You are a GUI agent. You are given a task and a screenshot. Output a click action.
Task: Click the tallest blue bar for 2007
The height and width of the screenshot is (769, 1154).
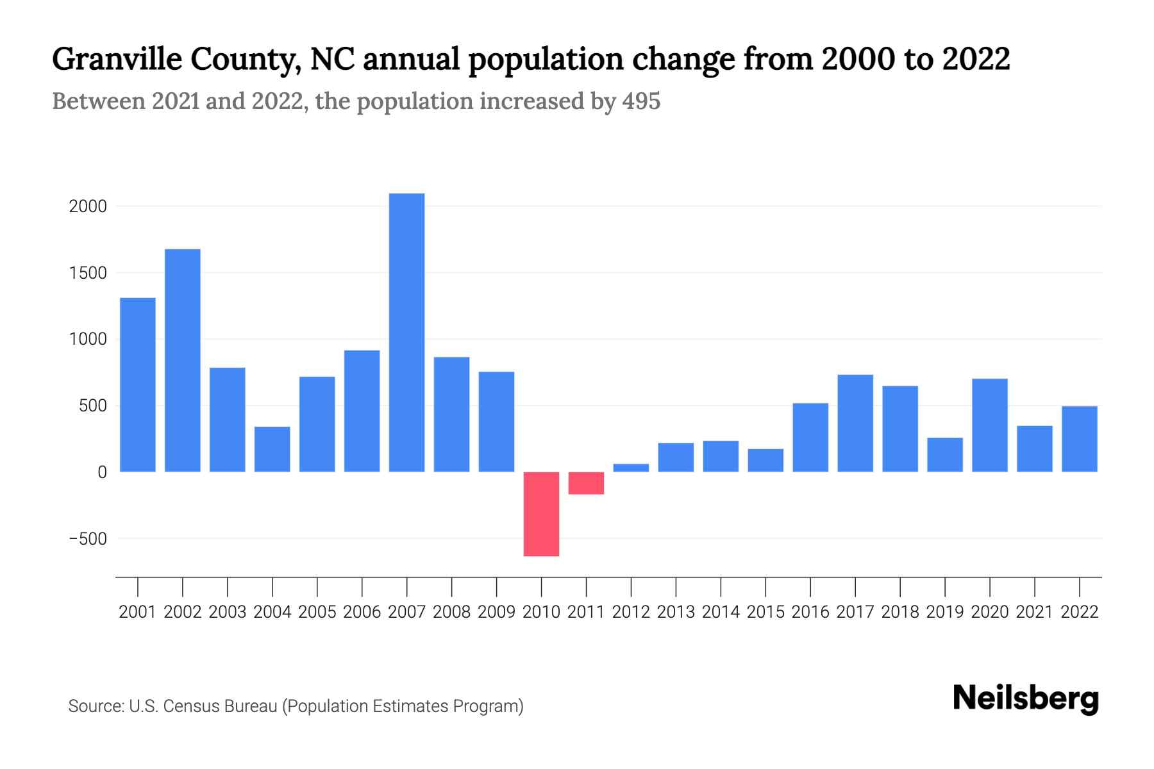[406, 333]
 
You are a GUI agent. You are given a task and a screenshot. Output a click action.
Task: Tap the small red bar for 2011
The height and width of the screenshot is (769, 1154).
[586, 483]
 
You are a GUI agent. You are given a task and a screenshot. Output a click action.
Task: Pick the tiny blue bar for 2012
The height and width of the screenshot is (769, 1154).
[631, 468]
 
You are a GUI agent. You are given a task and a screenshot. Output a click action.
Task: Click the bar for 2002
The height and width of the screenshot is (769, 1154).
[183, 360]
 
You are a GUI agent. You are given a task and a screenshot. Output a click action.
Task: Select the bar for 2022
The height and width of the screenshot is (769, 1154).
[1080, 439]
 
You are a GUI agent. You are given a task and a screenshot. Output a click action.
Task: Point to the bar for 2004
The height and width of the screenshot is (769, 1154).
[272, 449]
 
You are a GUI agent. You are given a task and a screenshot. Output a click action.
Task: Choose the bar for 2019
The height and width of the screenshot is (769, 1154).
[945, 455]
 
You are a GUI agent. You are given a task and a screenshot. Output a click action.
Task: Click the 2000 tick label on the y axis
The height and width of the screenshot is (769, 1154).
[88, 206]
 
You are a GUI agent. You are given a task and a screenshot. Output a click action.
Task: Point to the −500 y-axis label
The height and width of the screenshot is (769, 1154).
[88, 539]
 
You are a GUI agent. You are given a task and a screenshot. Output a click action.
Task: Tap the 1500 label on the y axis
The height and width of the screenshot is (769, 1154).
[88, 273]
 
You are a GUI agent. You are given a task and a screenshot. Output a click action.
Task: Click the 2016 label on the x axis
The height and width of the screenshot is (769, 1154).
[810, 612]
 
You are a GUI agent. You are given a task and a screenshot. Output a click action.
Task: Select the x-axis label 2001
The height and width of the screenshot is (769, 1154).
[138, 612]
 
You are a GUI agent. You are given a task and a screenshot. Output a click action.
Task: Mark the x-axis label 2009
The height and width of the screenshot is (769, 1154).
[496, 612]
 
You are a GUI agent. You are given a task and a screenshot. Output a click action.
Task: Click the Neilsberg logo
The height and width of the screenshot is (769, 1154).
[1026, 698]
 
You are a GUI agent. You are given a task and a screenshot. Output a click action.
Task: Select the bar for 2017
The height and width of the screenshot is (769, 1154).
[855, 423]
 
